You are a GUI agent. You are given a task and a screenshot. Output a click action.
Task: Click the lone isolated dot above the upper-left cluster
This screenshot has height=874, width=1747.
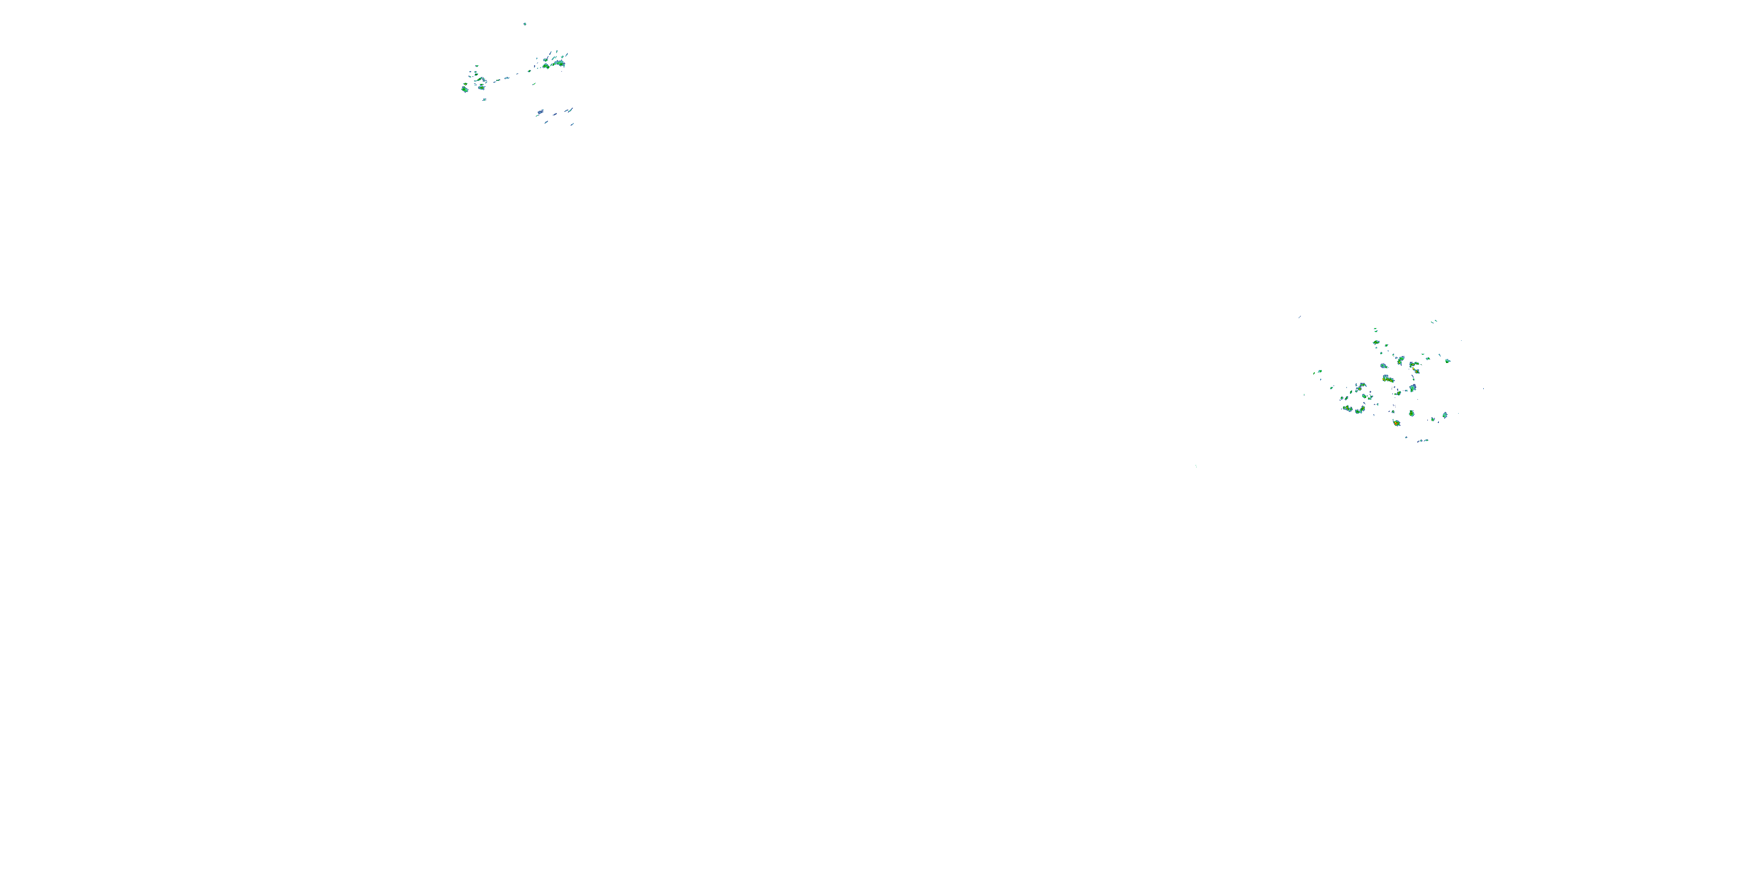tap(525, 24)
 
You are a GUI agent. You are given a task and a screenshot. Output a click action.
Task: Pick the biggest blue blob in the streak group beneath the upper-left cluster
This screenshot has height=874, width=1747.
tap(540, 112)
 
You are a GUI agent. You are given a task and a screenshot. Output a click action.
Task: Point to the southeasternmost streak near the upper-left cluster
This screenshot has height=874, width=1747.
tap(572, 124)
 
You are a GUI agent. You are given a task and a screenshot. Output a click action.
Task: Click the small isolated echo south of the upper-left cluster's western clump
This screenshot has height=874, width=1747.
tap(485, 100)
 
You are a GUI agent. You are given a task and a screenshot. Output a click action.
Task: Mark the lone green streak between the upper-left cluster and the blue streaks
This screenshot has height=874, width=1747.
tap(535, 84)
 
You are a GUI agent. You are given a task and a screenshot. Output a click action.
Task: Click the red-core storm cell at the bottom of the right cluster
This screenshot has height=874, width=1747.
tap(1396, 423)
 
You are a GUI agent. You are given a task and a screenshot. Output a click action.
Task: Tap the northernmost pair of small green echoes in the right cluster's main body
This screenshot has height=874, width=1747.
tap(1376, 330)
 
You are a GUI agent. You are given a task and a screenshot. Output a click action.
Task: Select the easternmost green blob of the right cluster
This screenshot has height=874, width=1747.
tap(1448, 361)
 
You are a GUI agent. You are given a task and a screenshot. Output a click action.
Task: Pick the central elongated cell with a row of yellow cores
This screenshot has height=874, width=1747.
tap(1388, 379)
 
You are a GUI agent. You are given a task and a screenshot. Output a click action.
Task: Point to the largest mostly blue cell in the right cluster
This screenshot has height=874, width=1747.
tap(1413, 387)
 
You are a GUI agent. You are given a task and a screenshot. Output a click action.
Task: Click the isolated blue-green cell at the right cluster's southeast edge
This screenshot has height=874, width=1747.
tap(1445, 415)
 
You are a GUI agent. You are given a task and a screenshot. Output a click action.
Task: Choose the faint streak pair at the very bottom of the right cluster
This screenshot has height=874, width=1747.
tap(1423, 440)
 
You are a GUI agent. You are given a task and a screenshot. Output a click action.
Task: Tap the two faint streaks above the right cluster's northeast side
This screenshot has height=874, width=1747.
tap(1434, 322)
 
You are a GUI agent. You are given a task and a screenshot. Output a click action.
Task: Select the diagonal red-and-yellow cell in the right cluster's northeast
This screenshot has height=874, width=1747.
tap(1416, 371)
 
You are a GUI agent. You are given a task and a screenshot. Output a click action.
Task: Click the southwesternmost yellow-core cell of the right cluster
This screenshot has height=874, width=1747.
tap(1348, 408)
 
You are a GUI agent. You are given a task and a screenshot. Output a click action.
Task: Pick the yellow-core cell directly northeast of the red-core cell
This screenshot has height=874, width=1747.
tap(1412, 413)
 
